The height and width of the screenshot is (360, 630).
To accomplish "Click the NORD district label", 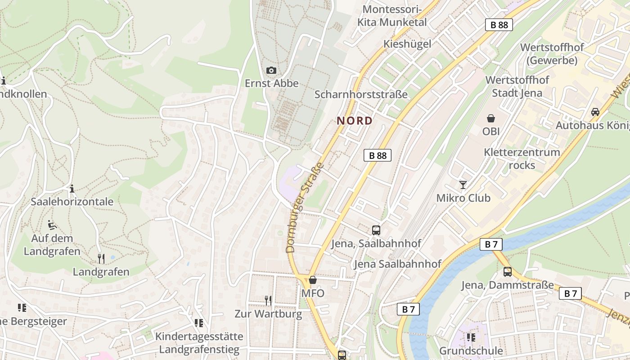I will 355,121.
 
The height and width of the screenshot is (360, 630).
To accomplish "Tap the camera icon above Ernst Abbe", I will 271,70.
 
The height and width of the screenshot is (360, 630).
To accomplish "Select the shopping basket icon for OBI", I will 491,118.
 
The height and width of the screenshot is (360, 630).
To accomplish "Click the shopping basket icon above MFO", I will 313,280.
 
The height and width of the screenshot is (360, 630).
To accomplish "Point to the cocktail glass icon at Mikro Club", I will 463,184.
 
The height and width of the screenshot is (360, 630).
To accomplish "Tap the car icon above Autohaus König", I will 595,112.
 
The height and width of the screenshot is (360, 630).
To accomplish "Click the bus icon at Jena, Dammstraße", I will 507,272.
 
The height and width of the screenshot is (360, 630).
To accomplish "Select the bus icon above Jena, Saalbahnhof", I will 376,230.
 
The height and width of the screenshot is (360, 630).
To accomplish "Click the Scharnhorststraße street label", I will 361,94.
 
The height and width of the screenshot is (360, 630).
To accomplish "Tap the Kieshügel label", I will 407,44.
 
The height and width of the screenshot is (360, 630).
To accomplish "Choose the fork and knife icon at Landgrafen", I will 101,258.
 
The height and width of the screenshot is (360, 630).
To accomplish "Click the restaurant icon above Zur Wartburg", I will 268,300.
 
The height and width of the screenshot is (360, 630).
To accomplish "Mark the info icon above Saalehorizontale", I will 72,188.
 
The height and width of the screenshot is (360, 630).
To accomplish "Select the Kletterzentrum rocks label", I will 522,158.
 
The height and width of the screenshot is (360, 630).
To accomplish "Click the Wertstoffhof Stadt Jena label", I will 517,86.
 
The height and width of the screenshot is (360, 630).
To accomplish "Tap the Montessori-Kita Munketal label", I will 391,16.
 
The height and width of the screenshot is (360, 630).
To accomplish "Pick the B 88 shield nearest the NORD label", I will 377,155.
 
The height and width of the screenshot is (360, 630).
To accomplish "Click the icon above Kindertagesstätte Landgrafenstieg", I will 198,323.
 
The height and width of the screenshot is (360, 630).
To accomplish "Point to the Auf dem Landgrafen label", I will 52,244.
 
